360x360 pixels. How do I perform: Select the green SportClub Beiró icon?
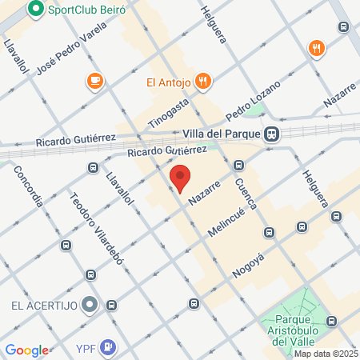pos(35,10)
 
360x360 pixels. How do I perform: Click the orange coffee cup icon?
pos(94,80)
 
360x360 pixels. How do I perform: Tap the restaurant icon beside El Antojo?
pos(204,80)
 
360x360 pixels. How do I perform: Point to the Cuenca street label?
pos(245,193)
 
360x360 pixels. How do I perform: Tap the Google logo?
pos(26,350)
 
